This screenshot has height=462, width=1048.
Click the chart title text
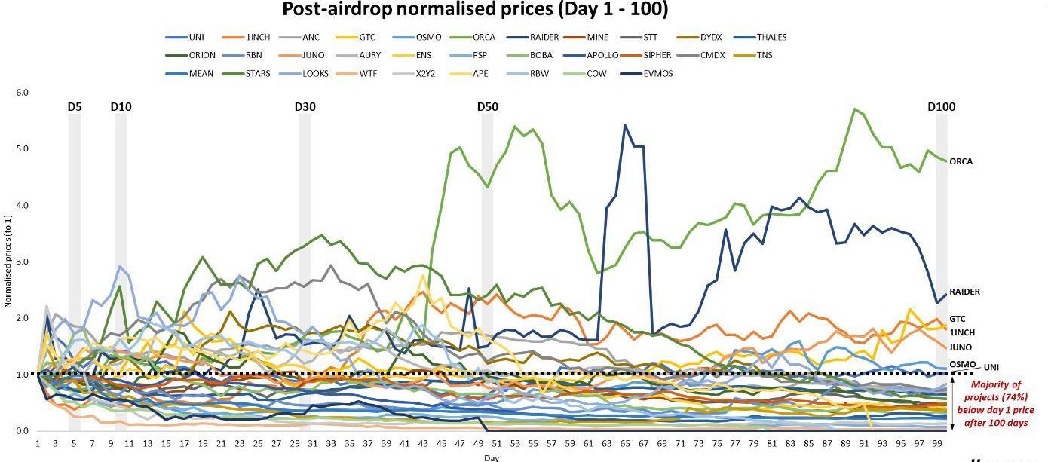[x=474, y=10]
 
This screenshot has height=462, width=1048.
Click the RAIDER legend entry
[x=544, y=37]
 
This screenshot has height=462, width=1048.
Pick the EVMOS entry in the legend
[x=657, y=74]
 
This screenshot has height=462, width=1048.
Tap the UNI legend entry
[x=196, y=37]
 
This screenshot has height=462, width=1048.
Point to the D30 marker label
[x=305, y=107]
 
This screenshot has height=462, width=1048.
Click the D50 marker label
[x=488, y=107]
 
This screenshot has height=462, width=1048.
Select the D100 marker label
[x=941, y=107]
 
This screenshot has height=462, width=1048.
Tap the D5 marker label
[x=74, y=107]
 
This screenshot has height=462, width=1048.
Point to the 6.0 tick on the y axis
[x=22, y=93]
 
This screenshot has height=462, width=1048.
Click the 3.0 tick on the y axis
[x=22, y=262]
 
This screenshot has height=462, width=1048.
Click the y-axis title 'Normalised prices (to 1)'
[x=8, y=261]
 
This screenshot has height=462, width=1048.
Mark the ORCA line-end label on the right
[x=961, y=161]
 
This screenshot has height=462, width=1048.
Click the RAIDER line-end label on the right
[x=964, y=292]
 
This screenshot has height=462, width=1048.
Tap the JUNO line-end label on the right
[x=960, y=347]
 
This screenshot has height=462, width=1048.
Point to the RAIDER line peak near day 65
[x=625, y=125]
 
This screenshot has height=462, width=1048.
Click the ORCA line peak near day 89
[x=854, y=109]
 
